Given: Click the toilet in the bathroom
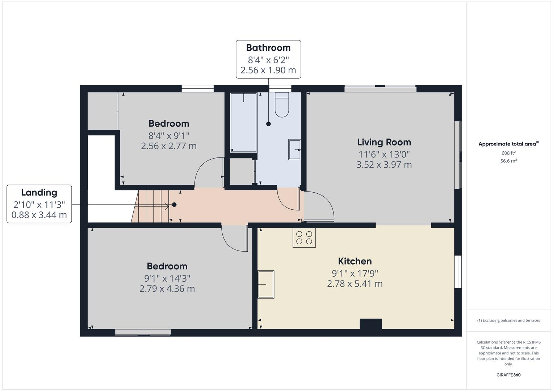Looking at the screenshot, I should pyautogui.click(x=282, y=105).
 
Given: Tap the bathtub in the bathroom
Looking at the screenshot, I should pyautogui.click(x=244, y=122).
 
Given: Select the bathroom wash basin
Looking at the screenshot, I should pyautogui.click(x=294, y=149).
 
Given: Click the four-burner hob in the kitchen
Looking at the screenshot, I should pyautogui.click(x=304, y=238).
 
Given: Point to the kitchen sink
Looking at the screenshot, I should pyautogui.click(x=266, y=284).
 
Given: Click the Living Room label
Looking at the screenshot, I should pyautogui.click(x=384, y=142).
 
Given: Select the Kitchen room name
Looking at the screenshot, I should pyautogui.click(x=355, y=261).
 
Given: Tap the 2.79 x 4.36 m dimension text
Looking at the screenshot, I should pyautogui.click(x=167, y=289).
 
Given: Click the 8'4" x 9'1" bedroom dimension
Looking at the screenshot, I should pyautogui.click(x=169, y=135).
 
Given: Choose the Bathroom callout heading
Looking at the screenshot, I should pyautogui.click(x=268, y=48).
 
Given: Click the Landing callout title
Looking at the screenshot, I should pyautogui.click(x=39, y=193).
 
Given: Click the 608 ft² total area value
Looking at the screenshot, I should pyautogui.click(x=508, y=153).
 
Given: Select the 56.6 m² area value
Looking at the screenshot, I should pyautogui.click(x=508, y=161).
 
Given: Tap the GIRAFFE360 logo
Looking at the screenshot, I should pyautogui.click(x=508, y=375).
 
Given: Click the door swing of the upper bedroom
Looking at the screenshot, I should pyautogui.click(x=208, y=172).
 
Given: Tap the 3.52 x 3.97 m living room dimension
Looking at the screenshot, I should pyautogui.click(x=384, y=165).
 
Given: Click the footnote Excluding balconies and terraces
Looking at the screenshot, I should pyautogui.click(x=508, y=320).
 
